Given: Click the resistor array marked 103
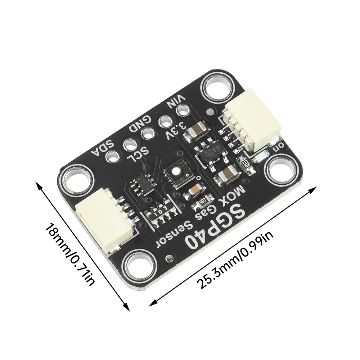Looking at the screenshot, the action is click(161, 212).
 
